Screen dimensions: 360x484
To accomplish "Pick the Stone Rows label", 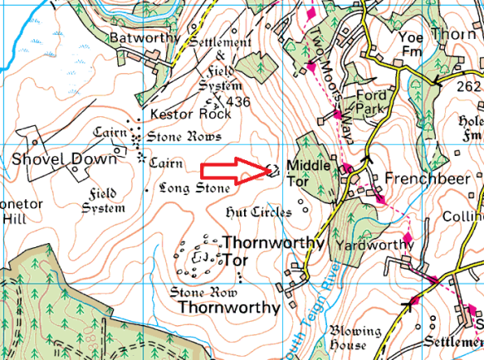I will pyautogui.click(x=184, y=137).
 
